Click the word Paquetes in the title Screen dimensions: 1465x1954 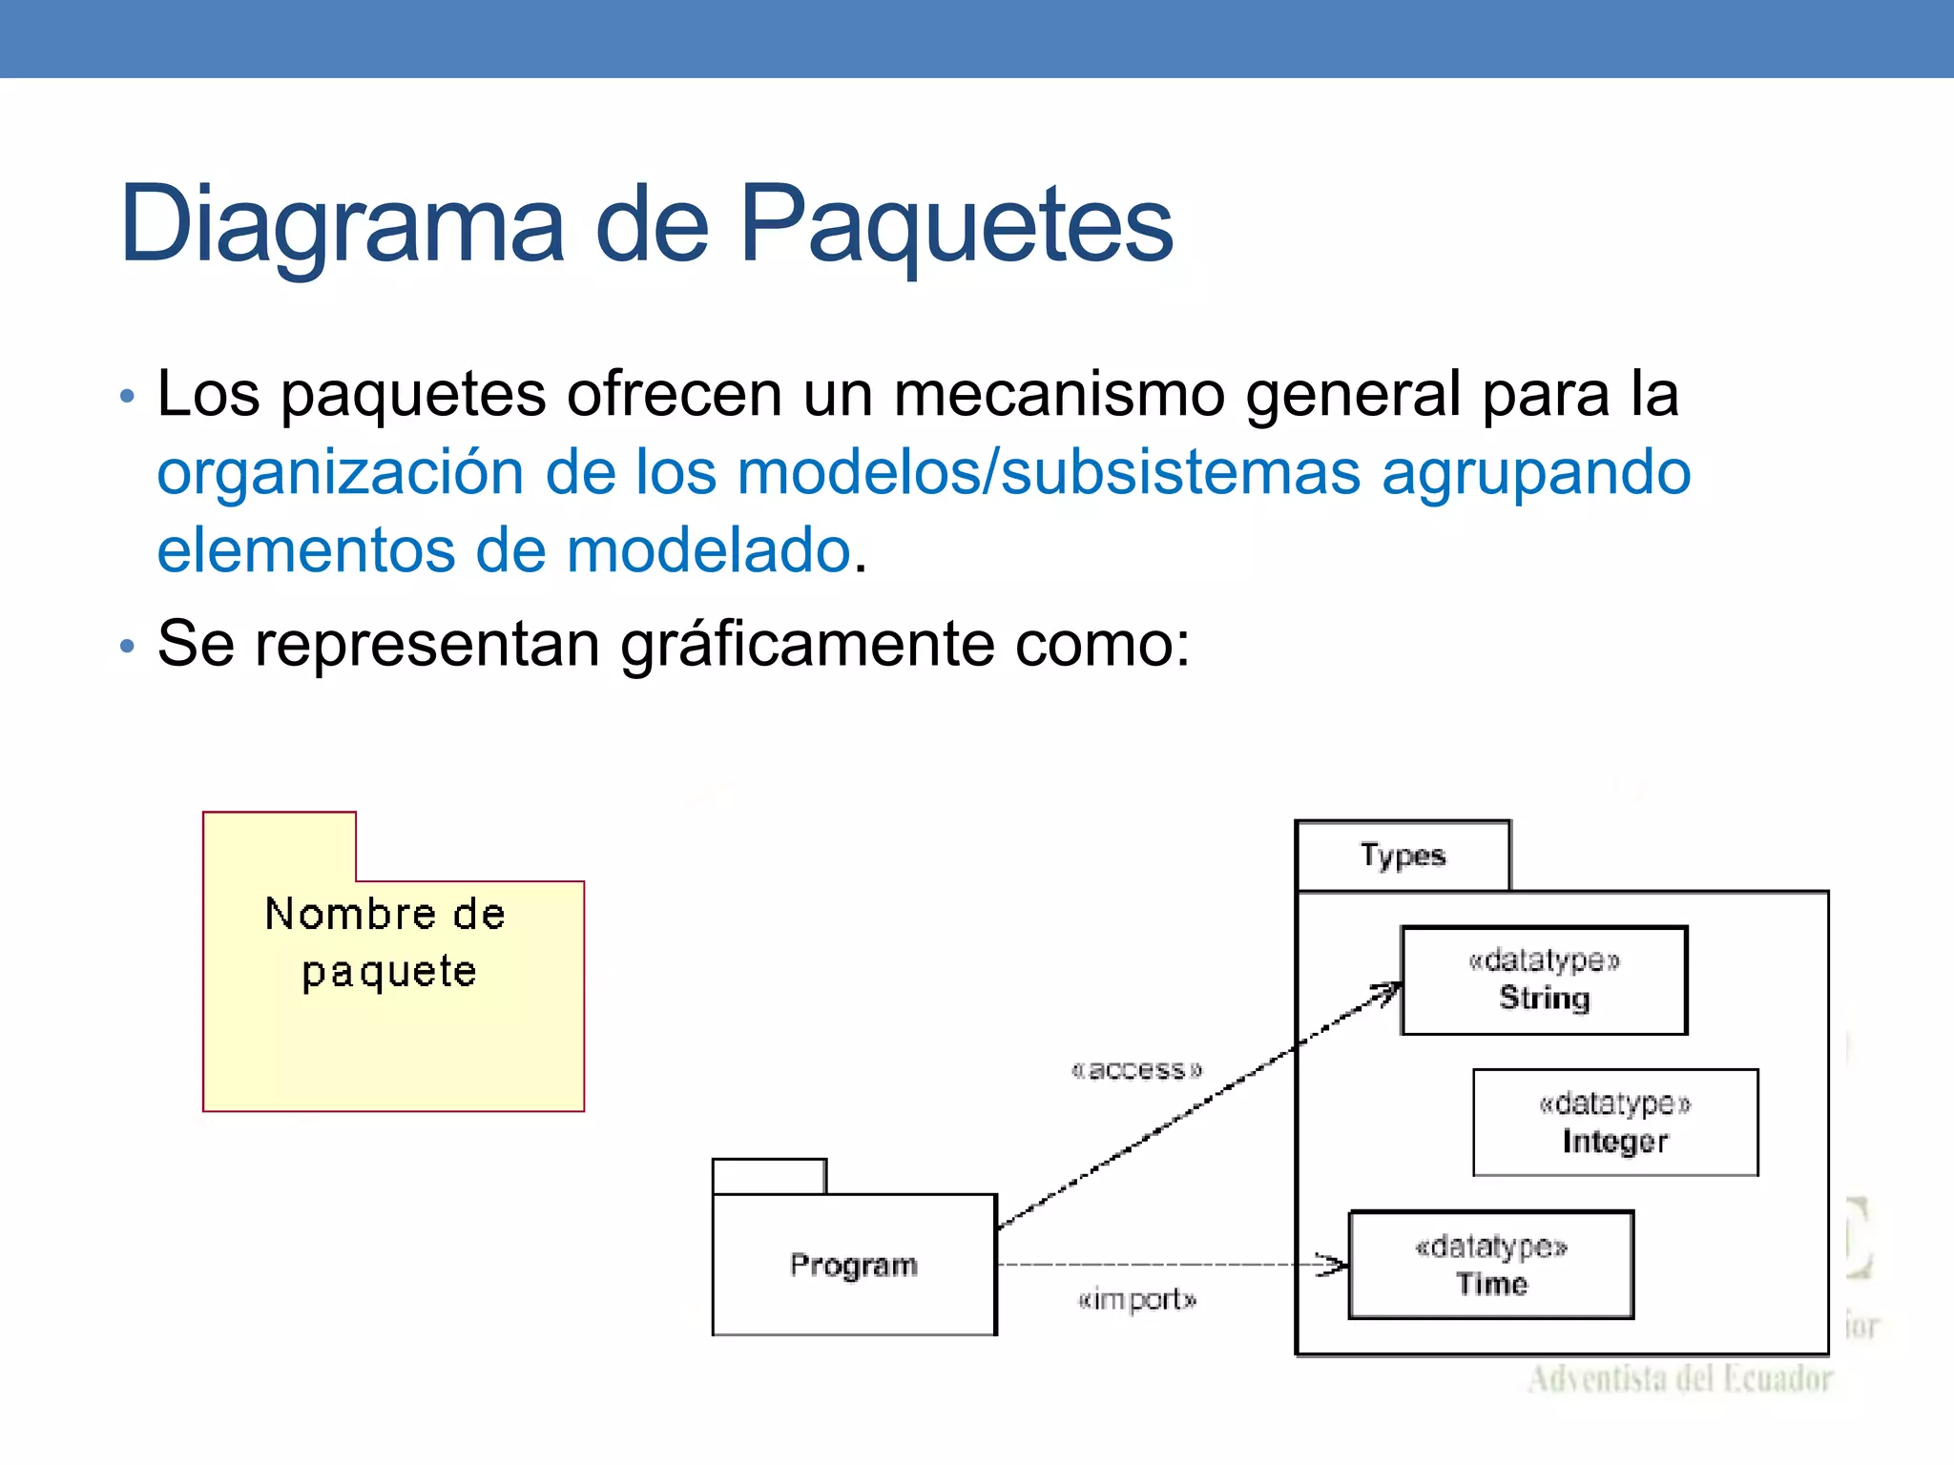click(956, 225)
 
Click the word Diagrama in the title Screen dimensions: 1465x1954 click(343, 225)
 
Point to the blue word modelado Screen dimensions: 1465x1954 click(708, 551)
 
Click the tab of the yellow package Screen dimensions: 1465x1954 click(280, 846)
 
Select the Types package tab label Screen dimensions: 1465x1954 click(1403, 856)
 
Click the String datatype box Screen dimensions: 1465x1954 click(1544, 980)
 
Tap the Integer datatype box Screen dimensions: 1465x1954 click(1615, 1123)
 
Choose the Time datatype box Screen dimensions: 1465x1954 click(1491, 1266)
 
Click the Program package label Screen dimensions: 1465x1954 click(854, 1266)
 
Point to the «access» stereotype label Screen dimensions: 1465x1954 click(1136, 1070)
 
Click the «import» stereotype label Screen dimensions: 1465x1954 click(1136, 1300)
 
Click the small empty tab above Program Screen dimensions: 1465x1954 click(769, 1176)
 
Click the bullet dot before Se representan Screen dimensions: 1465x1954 click(128, 647)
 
